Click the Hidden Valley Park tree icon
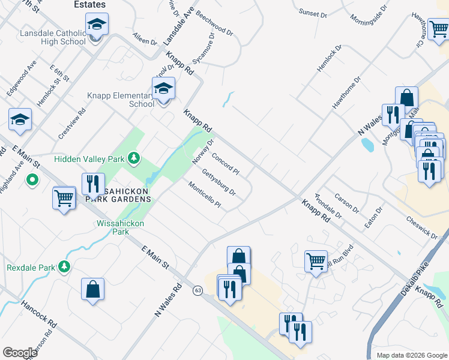pos(136,158)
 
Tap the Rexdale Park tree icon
pos(64,266)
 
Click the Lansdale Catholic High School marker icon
pos(97,25)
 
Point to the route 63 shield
pos(197,290)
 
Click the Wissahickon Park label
pos(112,227)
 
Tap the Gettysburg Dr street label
pos(219,184)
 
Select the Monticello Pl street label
pos(205,196)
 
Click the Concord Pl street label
pos(225,164)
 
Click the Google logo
pos(19,353)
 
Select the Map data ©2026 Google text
pos(411,355)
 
